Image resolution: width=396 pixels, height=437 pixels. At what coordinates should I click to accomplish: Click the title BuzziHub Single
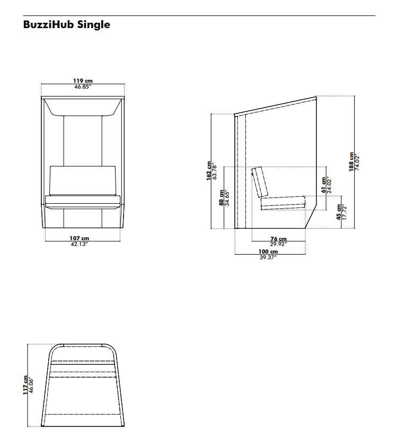point(67,24)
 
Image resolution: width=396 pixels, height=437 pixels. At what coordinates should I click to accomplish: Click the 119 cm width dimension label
point(83,81)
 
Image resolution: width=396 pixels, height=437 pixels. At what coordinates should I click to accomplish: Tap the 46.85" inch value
point(83,86)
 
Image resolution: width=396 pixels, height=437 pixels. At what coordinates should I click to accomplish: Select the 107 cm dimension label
point(80,238)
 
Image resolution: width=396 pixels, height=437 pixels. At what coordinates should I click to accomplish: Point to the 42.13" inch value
point(80,244)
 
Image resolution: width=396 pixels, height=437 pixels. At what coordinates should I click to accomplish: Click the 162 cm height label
point(209,171)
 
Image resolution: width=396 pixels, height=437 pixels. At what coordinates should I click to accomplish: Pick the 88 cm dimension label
point(222,198)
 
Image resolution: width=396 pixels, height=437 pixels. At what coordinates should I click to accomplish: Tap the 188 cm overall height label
point(351,162)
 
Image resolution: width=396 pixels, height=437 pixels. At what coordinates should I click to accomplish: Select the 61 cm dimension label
point(324,185)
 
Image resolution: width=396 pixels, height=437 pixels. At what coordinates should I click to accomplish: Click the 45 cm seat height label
point(339,212)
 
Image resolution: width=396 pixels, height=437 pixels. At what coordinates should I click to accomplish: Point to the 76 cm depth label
point(278,239)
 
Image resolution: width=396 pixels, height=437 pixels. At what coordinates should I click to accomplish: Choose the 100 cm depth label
point(268,252)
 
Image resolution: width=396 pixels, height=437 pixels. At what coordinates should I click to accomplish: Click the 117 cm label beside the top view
point(25,385)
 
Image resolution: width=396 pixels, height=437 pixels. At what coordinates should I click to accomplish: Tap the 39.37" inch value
point(268,258)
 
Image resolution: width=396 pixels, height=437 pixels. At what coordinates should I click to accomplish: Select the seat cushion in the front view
point(83,202)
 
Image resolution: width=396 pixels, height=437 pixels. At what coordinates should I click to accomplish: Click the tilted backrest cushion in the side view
point(260,182)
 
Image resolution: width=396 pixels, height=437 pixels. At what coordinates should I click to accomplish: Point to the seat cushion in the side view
point(283,203)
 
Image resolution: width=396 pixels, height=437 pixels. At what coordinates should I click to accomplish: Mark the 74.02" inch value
point(357,163)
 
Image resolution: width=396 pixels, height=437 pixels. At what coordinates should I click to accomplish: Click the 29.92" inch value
point(278,244)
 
